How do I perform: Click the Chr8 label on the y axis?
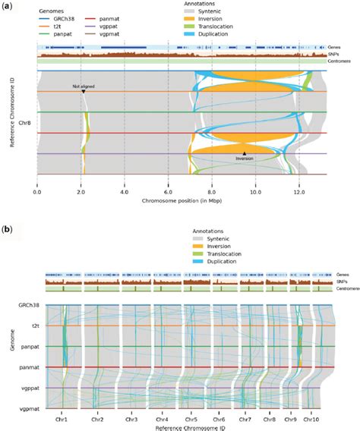click(x=24, y=121)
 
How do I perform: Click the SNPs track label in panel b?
click(x=336, y=282)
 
